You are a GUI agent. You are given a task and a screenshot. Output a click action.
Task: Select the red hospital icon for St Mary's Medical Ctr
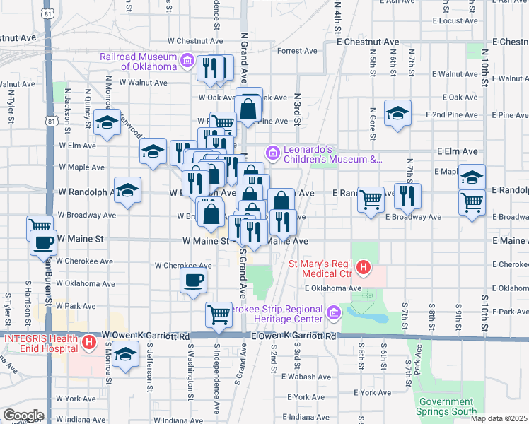(x=364, y=267)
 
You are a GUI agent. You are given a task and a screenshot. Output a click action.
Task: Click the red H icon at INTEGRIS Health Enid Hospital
(x=89, y=343)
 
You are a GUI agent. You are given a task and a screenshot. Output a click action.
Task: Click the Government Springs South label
(x=442, y=406)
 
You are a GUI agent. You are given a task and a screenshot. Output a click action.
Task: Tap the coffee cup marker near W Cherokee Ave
(x=192, y=280)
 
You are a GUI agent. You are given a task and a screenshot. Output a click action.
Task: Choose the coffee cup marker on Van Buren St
(x=43, y=244)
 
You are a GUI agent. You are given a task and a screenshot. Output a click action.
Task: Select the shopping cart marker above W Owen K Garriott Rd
(x=219, y=314)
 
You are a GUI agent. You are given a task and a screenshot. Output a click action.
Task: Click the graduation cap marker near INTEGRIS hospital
(x=125, y=354)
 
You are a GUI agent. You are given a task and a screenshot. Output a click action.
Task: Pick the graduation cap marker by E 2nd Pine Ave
(x=397, y=112)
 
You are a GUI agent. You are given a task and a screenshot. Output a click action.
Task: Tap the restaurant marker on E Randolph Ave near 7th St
(x=407, y=195)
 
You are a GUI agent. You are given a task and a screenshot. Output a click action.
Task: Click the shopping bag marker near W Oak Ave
(x=248, y=107)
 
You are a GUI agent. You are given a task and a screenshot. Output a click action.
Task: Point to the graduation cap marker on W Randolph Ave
(x=128, y=189)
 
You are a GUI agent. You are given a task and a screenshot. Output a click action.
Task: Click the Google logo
(x=23, y=416)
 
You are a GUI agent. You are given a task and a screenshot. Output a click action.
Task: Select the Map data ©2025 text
(x=499, y=418)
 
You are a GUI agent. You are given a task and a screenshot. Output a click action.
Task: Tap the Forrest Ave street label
(x=298, y=51)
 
